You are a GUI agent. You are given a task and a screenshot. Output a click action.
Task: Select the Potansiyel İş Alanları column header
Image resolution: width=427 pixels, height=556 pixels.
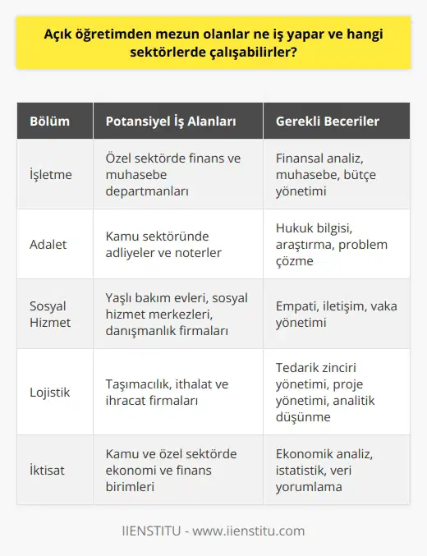tap(171, 122)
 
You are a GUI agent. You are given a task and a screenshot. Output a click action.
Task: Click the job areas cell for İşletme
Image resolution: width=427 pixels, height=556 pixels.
tap(172, 173)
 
